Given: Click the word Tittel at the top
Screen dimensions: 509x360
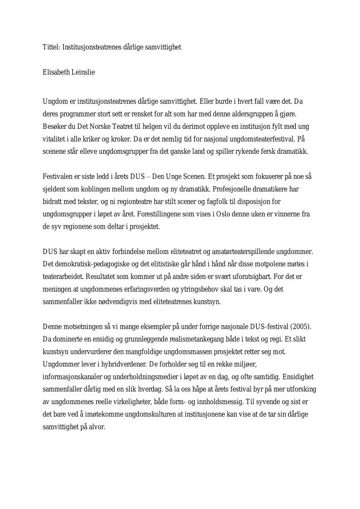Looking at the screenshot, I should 50,47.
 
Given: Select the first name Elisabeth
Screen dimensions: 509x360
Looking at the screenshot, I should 57,73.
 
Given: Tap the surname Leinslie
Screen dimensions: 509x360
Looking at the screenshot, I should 84,73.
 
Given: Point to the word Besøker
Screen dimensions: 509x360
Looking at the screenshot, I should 54,126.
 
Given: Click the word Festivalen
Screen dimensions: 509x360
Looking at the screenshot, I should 59,177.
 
